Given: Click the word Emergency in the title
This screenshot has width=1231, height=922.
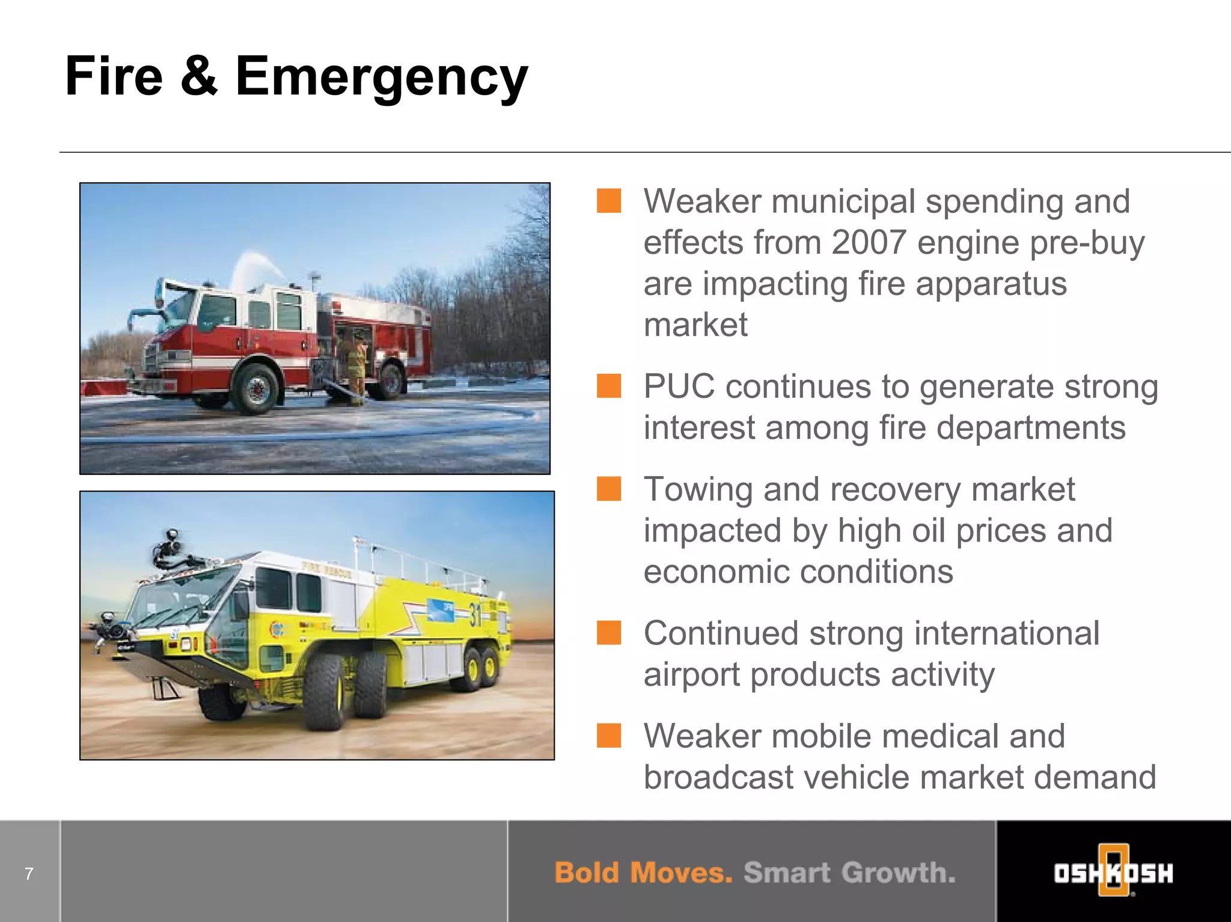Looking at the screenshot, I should [381, 77].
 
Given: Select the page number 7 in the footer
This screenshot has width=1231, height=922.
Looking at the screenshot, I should [29, 873].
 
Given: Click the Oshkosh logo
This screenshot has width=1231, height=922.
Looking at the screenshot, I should [1113, 872].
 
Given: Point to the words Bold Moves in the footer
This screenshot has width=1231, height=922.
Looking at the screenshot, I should [643, 873].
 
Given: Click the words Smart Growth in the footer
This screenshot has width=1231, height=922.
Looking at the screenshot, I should [849, 873].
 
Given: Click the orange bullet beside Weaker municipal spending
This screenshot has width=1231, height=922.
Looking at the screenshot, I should [608, 201].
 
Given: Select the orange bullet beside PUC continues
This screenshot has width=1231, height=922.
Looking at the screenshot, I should [608, 386].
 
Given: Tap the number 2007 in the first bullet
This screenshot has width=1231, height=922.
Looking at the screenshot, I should [869, 242].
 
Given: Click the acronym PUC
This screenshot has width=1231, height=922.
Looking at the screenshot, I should [679, 386].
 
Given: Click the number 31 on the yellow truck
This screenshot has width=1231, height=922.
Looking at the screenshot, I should [475, 614].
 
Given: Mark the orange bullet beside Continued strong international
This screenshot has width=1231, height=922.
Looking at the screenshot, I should [608, 633].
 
